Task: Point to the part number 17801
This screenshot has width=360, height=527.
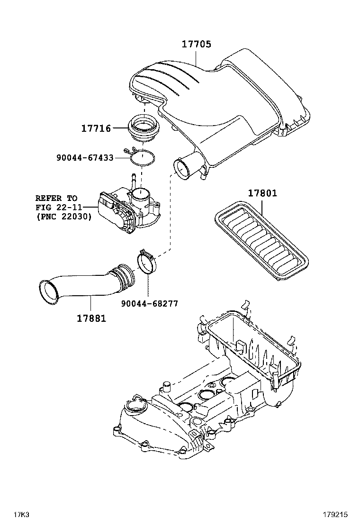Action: click(x=262, y=193)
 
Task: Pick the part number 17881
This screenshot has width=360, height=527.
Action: click(x=91, y=318)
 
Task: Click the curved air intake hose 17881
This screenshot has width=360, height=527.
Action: click(x=90, y=282)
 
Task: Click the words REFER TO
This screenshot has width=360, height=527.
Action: click(x=56, y=198)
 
